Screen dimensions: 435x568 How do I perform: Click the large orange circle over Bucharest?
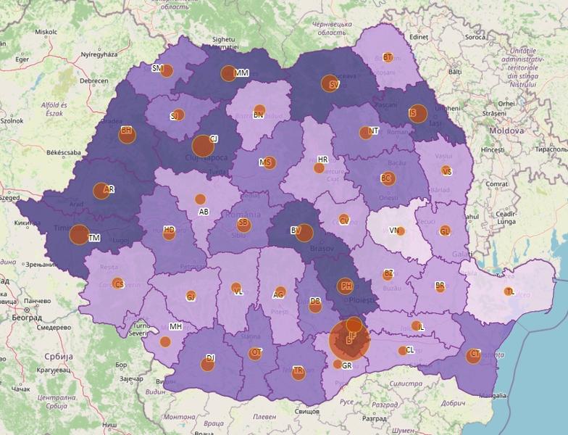click(x=349, y=341)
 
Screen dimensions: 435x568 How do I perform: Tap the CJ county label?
click(x=214, y=138)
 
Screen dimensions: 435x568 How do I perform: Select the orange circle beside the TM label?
click(x=79, y=234)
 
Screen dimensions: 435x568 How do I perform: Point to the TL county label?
click(x=511, y=291)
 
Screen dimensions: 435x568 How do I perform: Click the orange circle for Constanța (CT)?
click(x=473, y=355)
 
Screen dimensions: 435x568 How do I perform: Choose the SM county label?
click(x=157, y=68)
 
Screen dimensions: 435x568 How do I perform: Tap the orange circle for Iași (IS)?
click(x=417, y=113)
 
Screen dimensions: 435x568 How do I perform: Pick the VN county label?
click(x=395, y=231)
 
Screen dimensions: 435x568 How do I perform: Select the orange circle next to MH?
click(x=165, y=341)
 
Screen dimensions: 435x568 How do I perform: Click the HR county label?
click(x=323, y=159)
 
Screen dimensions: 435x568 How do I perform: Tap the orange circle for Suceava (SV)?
click(x=330, y=83)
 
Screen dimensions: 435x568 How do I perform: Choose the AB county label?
click(x=204, y=212)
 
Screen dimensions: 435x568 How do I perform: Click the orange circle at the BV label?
click(x=304, y=233)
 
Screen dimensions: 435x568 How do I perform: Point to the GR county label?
click(x=347, y=366)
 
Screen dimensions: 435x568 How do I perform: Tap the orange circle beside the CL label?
click(x=402, y=351)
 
